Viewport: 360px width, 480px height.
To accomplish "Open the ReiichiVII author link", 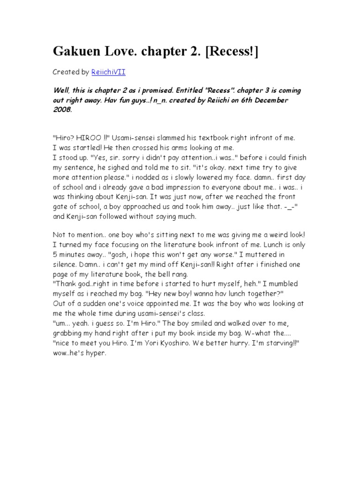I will point(109,72).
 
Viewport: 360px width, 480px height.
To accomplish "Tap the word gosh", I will point(117,254).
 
